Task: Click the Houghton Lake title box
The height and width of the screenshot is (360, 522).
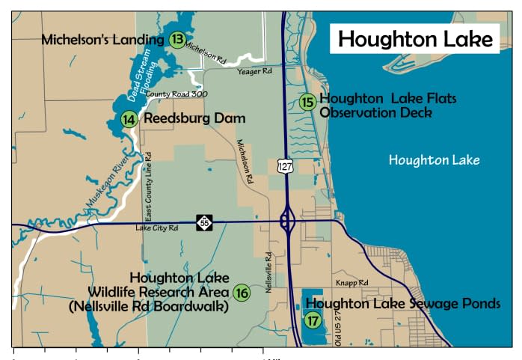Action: point(415,38)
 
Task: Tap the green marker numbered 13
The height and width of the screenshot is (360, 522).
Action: point(177,40)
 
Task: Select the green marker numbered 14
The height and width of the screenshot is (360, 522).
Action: point(129,119)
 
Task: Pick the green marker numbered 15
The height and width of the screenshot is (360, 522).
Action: point(307,103)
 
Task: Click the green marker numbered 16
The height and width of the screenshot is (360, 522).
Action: point(241,293)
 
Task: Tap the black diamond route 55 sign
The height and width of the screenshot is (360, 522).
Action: point(205,222)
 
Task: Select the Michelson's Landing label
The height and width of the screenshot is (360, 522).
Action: point(102,40)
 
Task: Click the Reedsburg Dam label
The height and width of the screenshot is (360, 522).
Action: point(194,119)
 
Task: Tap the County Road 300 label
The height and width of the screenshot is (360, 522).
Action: point(176,94)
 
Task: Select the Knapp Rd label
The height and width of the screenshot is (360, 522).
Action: point(352,283)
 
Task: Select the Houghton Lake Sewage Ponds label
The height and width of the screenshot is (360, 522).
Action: point(402,304)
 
